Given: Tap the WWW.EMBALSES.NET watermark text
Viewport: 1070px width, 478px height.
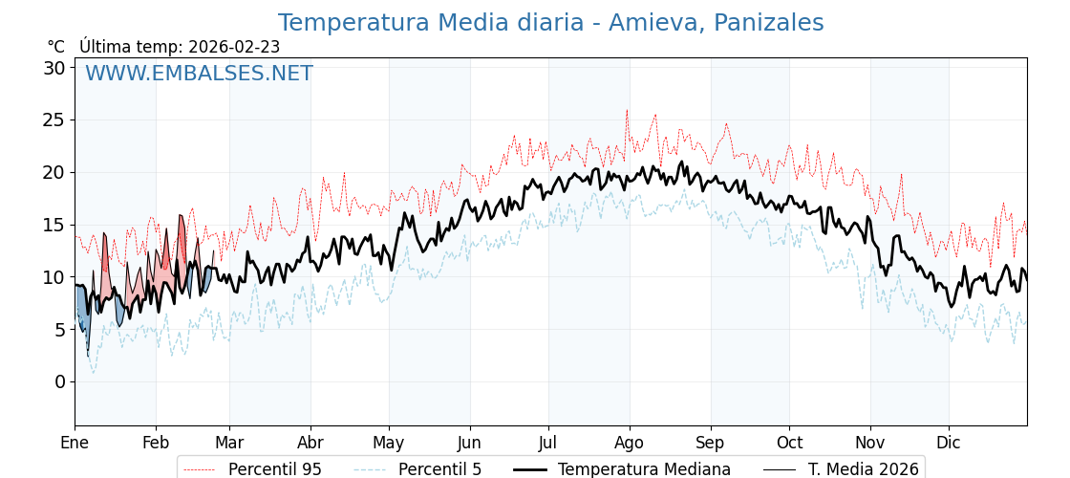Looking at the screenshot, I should [199, 74].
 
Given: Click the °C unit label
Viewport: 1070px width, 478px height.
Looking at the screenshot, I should [55, 47].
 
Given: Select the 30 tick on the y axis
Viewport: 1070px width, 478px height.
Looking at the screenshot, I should [53, 68].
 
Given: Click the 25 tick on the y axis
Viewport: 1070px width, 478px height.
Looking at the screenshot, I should [53, 120].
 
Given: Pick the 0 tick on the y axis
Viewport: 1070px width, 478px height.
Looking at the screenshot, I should [59, 381].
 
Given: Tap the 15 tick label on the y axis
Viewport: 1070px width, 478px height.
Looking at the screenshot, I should [53, 225].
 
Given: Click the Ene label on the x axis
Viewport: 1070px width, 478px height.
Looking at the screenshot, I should [75, 443].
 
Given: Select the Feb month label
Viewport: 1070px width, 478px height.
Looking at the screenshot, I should [156, 443].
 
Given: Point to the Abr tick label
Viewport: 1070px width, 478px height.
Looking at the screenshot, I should [310, 443].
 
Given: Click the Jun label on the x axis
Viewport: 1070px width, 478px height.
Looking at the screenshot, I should [469, 443].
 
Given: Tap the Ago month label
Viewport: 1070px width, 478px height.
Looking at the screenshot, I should [630, 443].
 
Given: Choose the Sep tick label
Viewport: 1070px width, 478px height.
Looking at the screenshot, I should [711, 443].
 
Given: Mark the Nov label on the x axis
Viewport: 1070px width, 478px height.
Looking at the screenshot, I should [870, 443].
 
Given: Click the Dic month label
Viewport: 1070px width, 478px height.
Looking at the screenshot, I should [949, 443].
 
